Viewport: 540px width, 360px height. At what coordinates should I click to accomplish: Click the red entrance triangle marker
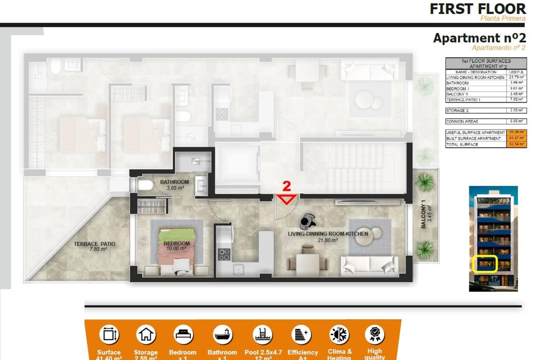[x=287, y=199]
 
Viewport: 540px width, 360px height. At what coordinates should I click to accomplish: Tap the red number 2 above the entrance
[x=286, y=186]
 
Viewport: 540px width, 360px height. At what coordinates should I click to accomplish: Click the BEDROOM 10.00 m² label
[x=176, y=246]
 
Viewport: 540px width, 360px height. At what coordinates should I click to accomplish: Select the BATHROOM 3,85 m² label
[x=174, y=185]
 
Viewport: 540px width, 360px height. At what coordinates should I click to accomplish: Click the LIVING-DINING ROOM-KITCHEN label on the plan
[x=328, y=237]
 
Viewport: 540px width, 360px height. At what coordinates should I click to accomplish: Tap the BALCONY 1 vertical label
[x=426, y=214]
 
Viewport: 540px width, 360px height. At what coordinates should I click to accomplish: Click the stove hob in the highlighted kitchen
[x=224, y=255]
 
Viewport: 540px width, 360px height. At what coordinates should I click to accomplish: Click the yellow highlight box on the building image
[x=485, y=264]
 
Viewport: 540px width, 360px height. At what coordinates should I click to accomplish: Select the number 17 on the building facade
[x=494, y=279]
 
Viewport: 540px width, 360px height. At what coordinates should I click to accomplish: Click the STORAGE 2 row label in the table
[x=457, y=111]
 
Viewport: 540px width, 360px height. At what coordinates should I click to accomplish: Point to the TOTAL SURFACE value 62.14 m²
[x=516, y=144]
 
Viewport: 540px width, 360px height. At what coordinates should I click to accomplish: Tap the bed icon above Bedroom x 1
[x=183, y=334]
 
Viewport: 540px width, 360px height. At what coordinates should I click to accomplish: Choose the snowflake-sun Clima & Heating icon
[x=339, y=335]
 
